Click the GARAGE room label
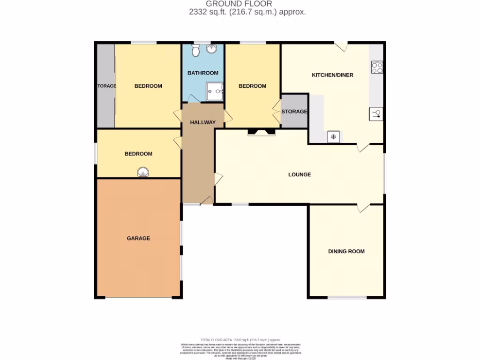138,238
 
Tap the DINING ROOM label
346,251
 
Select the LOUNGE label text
300,174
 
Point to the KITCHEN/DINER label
332,75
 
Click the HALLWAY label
202,122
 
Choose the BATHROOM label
203,73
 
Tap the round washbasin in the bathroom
212,49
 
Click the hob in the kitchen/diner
377,67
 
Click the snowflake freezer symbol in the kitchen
334,136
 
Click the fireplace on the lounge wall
262,132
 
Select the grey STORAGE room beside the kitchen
294,111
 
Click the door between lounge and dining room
363,208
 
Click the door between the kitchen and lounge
363,147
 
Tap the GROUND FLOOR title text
246,4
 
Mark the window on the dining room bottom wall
347,297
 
